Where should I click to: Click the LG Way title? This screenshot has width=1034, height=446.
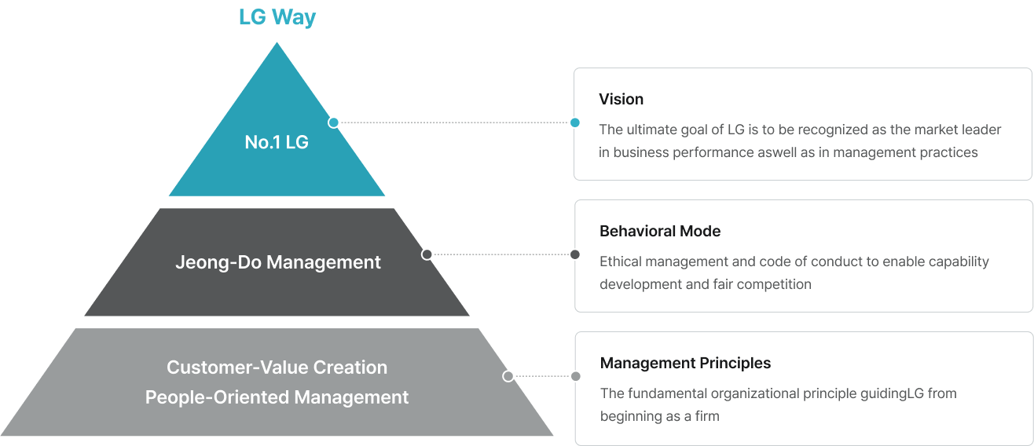277,17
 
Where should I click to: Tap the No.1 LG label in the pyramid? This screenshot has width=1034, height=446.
277,143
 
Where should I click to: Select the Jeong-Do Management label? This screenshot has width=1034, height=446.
277,262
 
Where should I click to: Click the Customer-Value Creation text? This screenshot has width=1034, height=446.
277,367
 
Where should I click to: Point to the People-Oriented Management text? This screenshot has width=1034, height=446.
277,397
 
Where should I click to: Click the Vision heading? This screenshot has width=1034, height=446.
621,99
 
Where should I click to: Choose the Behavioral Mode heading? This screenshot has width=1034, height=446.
659,231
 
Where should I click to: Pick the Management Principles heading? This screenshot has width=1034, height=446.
685,363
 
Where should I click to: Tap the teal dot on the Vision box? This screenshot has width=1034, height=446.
575,122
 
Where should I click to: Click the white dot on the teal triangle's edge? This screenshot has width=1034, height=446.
334,122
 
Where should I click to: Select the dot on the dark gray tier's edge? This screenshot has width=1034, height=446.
427,254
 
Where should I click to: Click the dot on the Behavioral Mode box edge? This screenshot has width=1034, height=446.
575,254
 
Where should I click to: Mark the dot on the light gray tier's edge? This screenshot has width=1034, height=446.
508,376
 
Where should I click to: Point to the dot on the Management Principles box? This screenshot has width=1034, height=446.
576,376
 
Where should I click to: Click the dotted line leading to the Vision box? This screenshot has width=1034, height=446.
454,122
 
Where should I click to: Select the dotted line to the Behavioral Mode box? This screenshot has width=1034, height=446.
501,254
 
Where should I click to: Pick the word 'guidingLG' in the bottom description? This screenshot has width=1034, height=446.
892,393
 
